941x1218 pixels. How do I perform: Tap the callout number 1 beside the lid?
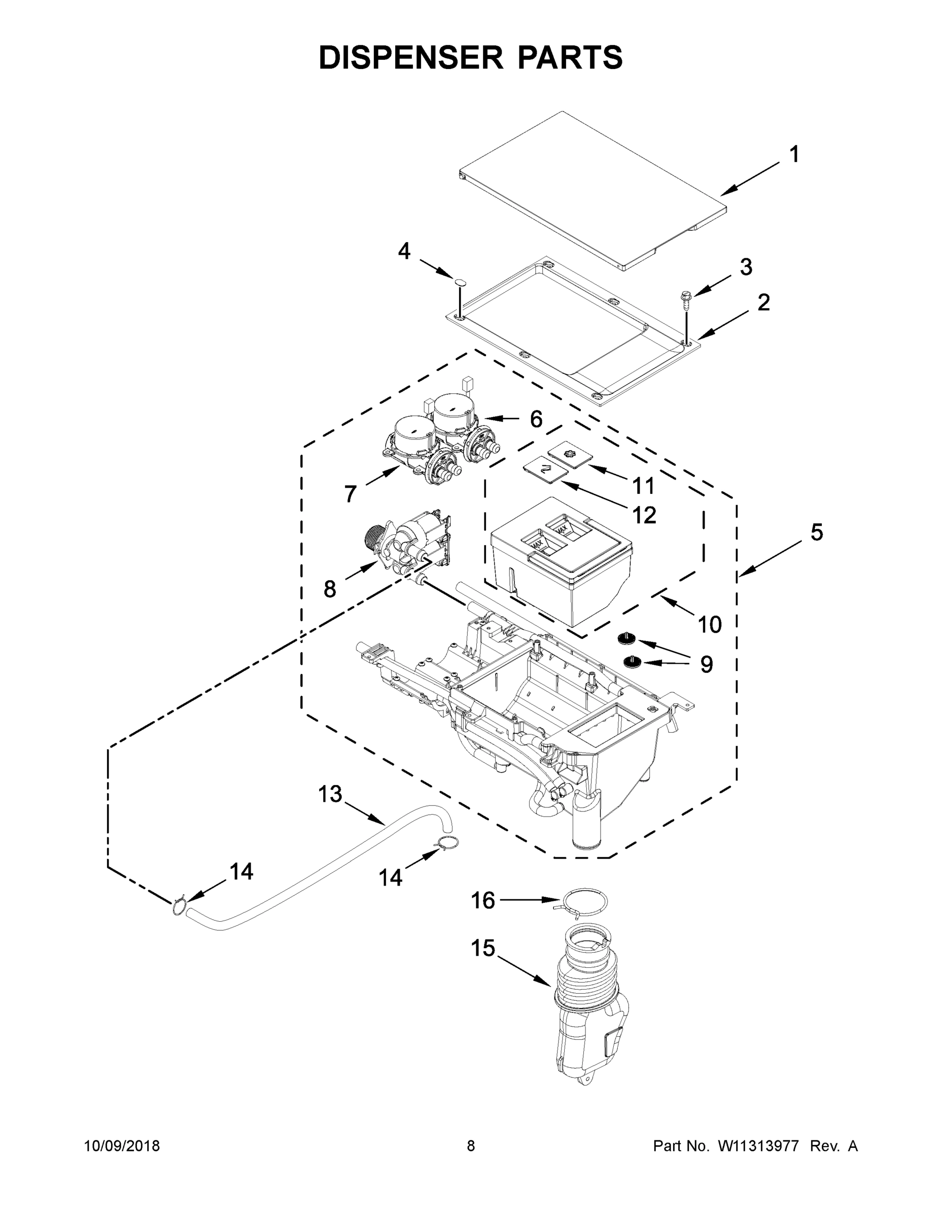[x=794, y=154]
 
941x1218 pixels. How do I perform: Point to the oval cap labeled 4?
[x=460, y=281]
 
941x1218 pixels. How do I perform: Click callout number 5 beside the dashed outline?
[x=816, y=532]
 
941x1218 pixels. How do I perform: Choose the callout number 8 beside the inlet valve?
[x=330, y=589]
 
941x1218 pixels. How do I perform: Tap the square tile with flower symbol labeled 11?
[x=569, y=453]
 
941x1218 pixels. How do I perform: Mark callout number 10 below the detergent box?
[x=710, y=625]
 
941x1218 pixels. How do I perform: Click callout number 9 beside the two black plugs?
[x=706, y=664]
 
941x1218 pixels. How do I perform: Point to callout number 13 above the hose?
[x=330, y=795]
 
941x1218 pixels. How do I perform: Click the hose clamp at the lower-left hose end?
[x=179, y=906]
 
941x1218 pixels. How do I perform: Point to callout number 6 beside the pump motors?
[x=536, y=419]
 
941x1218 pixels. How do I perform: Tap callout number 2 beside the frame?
[x=763, y=303]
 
